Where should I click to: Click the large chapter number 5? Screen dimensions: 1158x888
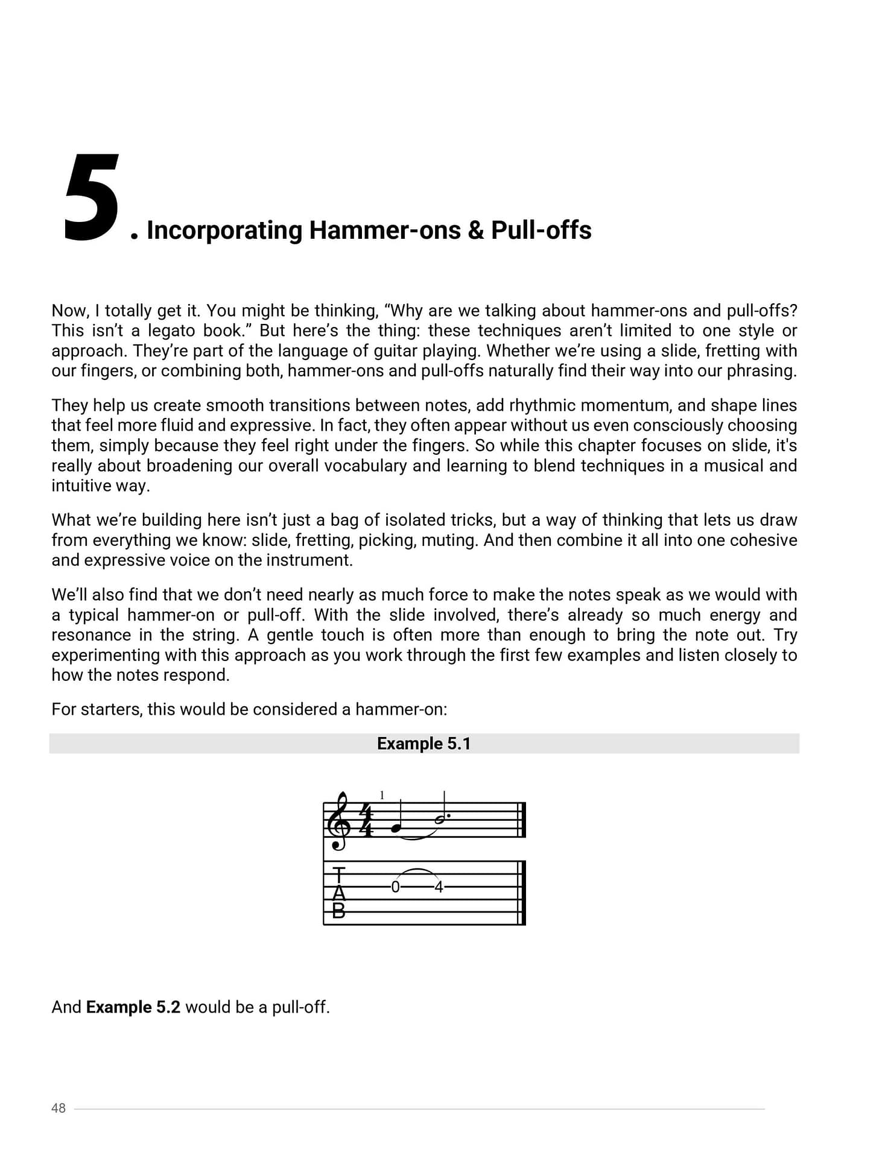point(92,199)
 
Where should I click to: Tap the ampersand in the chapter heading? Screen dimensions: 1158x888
point(475,230)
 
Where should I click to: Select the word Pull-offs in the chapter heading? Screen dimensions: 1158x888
point(541,230)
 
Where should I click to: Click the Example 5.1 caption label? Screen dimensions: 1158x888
point(423,744)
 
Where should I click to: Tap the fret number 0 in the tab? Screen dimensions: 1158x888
point(395,887)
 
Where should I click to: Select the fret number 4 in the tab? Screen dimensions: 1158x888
point(439,887)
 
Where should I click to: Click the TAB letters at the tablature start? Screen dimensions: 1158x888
point(339,893)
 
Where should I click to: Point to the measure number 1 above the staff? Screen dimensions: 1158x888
point(382,796)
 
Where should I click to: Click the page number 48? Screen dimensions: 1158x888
point(59,1108)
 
